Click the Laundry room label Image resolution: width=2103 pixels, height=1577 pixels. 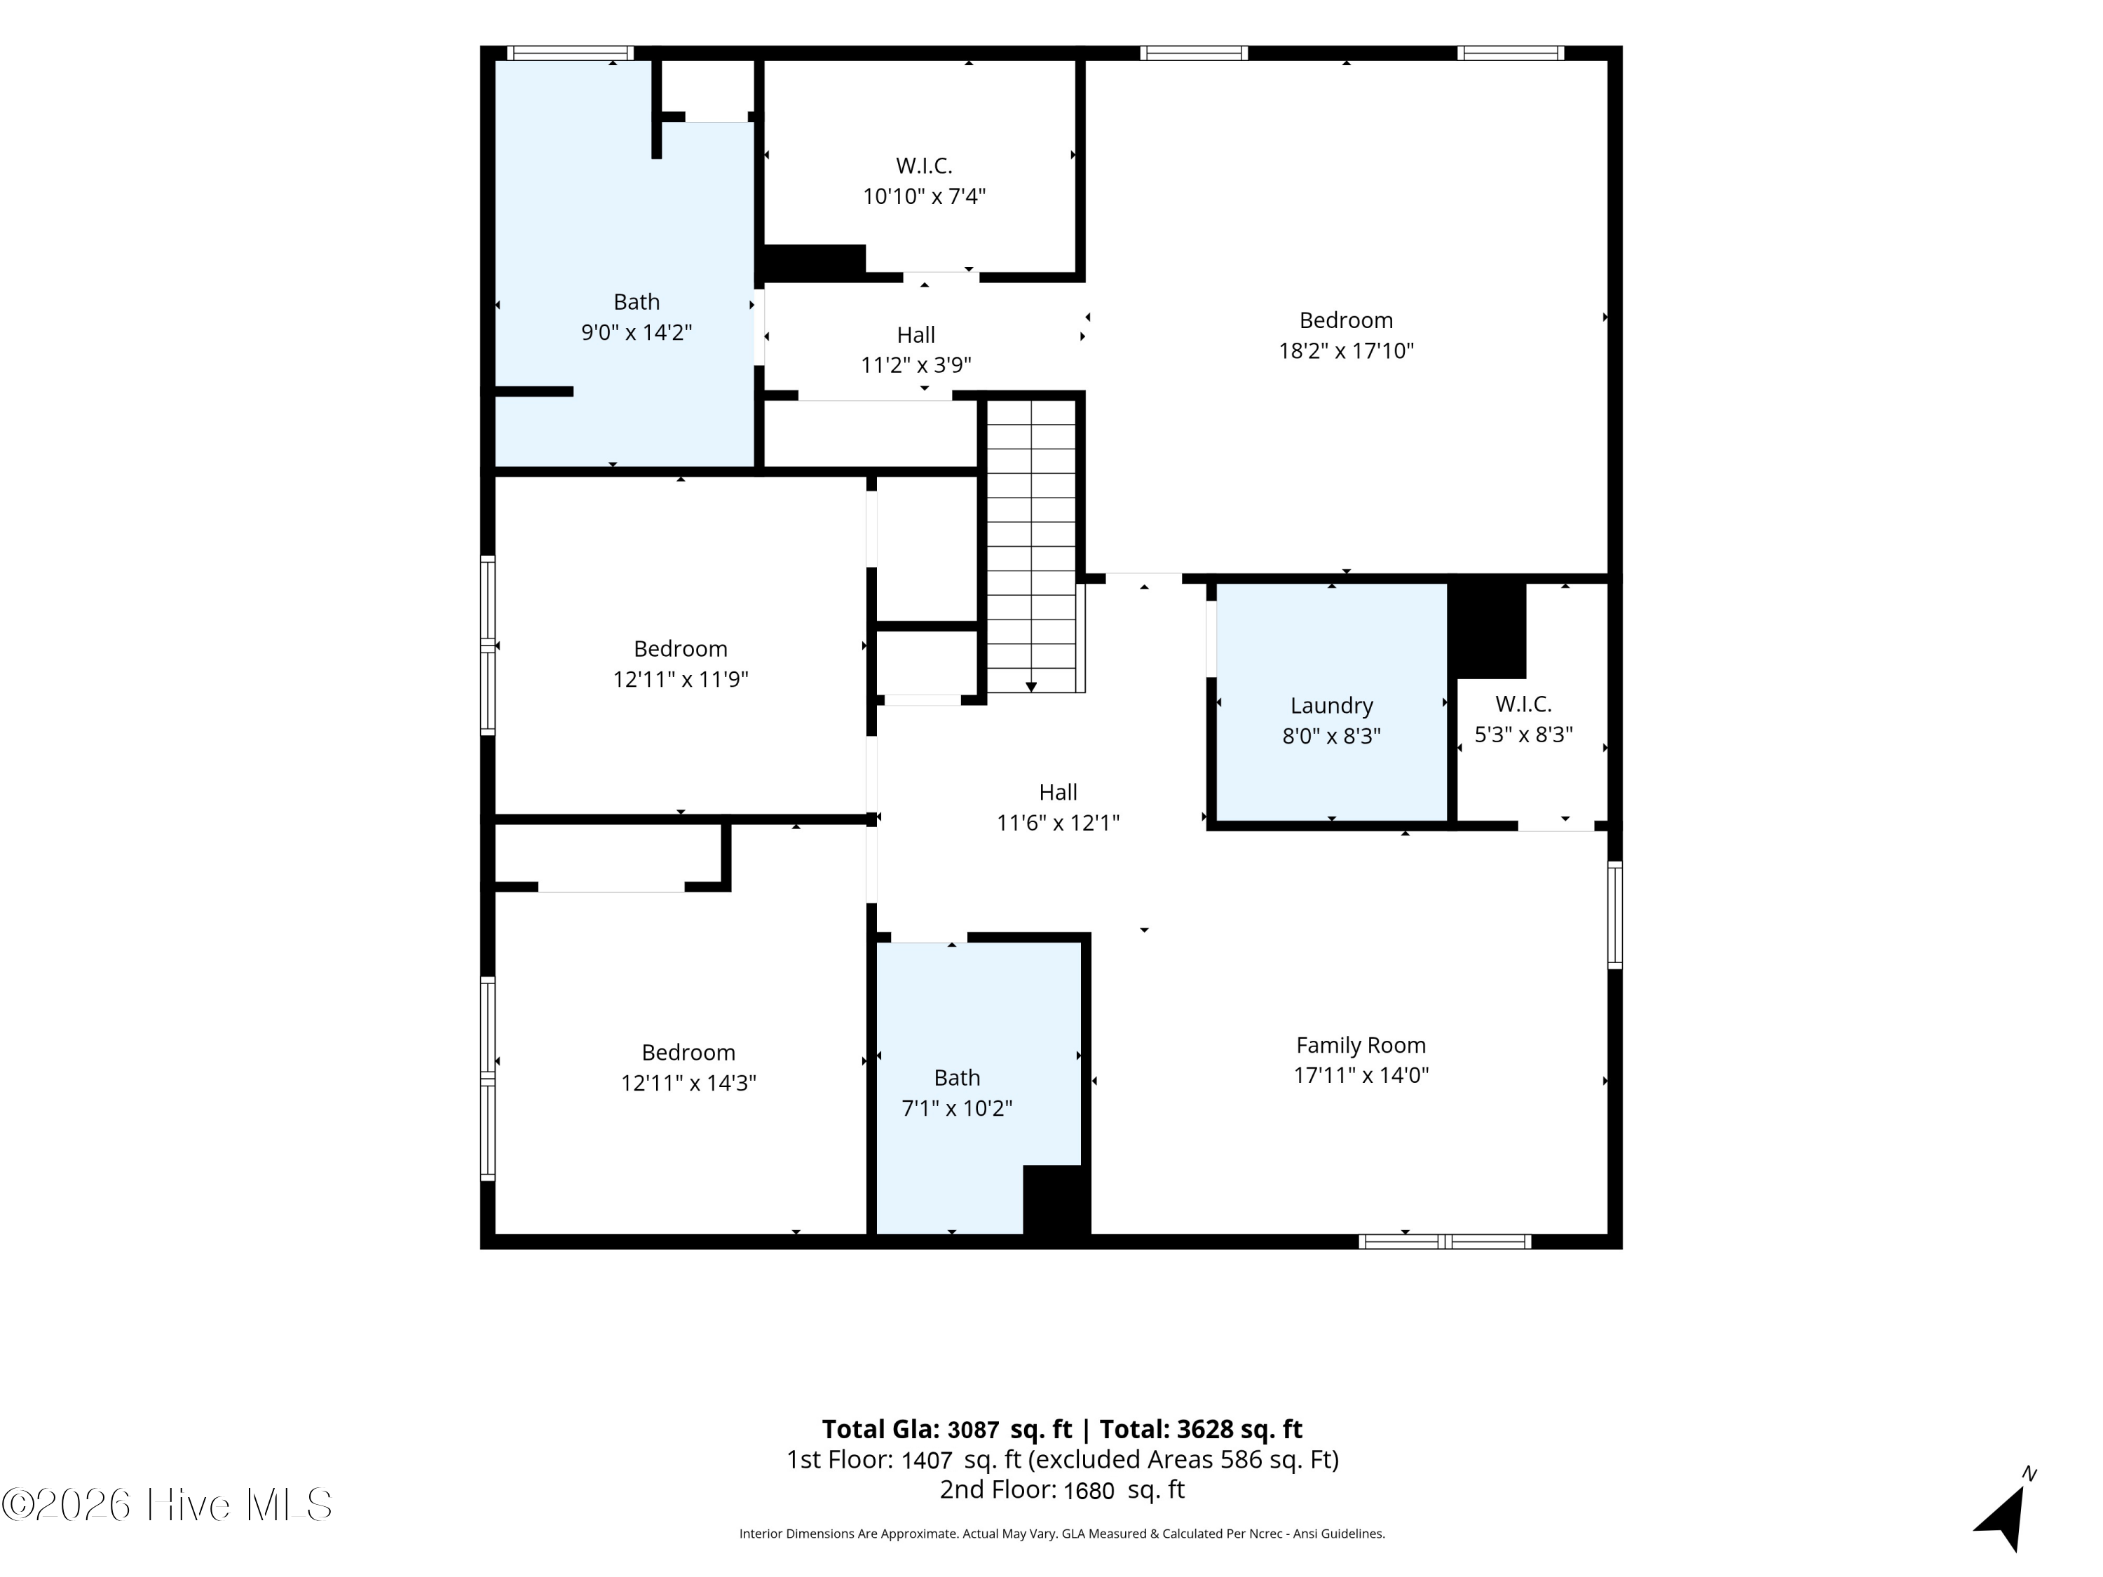(x=1331, y=705)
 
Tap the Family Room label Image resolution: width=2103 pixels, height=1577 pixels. (x=1361, y=1045)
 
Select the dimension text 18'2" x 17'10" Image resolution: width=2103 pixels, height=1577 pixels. (x=1346, y=350)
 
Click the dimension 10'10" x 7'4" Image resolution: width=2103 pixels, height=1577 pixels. (x=924, y=197)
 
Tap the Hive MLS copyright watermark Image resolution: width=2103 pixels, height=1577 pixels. (x=168, y=1505)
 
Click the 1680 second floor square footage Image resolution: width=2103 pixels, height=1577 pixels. (x=1089, y=1491)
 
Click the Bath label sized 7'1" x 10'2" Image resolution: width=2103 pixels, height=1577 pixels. (x=956, y=1077)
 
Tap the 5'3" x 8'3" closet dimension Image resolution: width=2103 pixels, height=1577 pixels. (x=1523, y=735)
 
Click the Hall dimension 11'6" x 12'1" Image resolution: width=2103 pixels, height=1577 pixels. (x=1058, y=824)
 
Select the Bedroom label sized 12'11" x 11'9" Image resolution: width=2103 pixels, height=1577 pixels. (x=681, y=648)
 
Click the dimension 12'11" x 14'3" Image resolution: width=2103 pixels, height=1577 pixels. (x=688, y=1083)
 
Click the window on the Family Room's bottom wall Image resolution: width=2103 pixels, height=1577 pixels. (x=1445, y=1241)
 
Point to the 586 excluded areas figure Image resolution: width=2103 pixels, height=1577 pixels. (x=1240, y=1459)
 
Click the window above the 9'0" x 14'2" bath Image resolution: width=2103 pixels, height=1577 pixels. (x=571, y=53)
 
